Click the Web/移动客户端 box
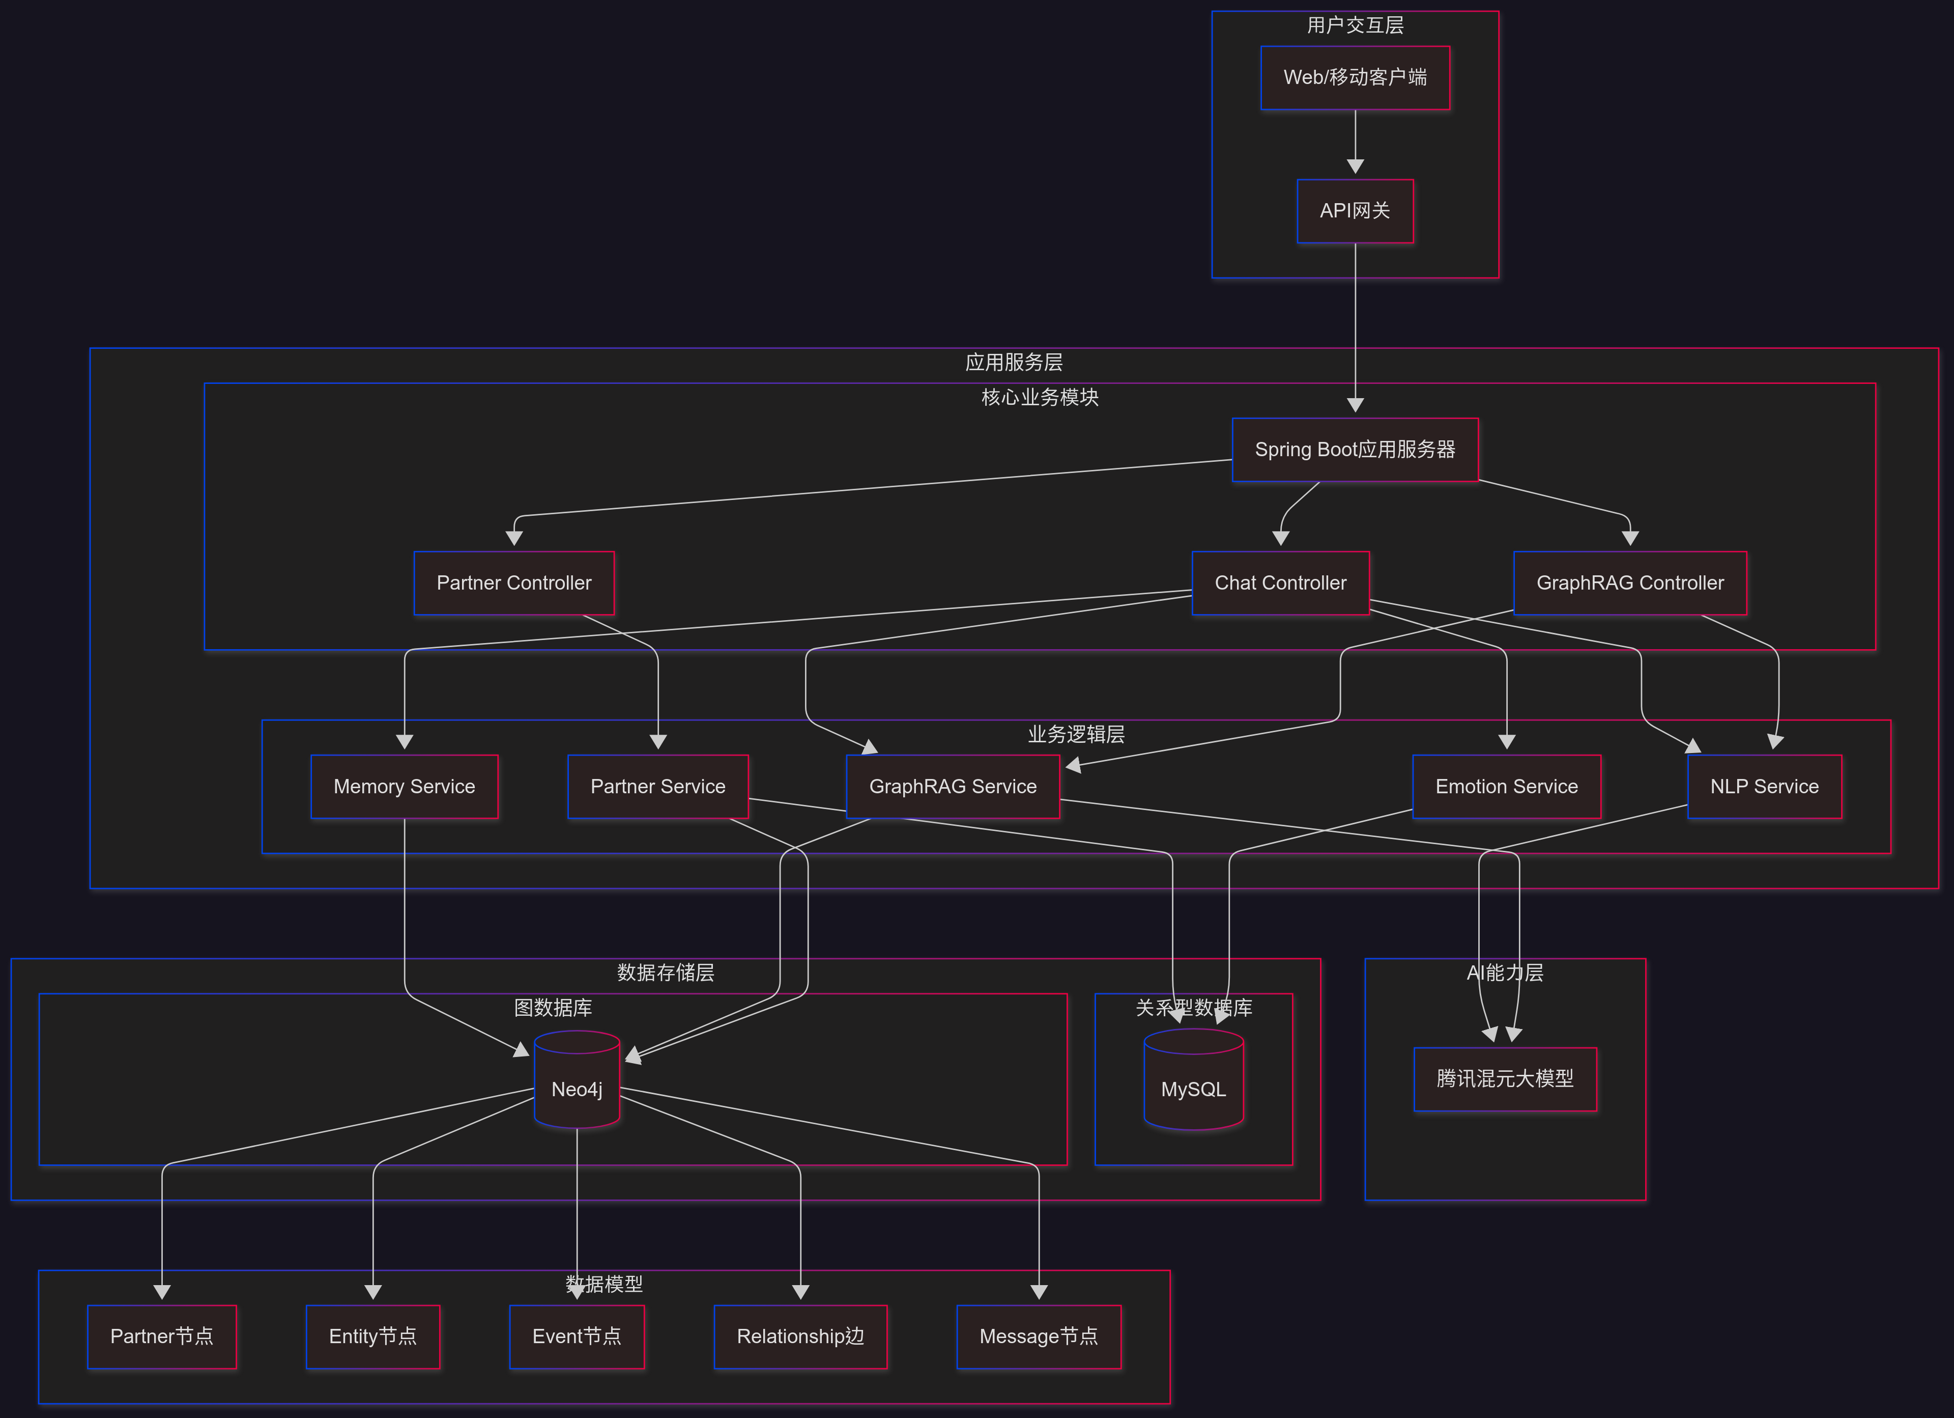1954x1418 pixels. pyautogui.click(x=1355, y=77)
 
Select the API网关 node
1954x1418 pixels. pyautogui.click(x=1355, y=211)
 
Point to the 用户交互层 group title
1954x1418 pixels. pyautogui.click(x=1355, y=25)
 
